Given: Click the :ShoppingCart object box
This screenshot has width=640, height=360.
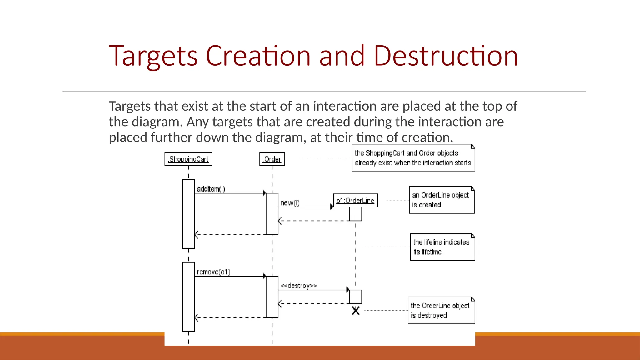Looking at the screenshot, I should (x=188, y=159).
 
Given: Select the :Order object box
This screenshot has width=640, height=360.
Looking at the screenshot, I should (x=272, y=159).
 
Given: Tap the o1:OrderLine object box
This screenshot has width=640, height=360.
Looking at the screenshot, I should (x=355, y=201).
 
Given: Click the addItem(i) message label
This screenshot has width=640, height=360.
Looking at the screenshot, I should (x=211, y=189).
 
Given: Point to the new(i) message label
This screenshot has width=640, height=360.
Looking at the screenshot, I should (x=290, y=203).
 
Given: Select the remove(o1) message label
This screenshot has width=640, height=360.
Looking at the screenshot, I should (x=213, y=272).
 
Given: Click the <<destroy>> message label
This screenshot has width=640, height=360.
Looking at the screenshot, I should (x=298, y=286).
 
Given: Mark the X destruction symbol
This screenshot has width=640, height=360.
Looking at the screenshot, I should (x=356, y=311).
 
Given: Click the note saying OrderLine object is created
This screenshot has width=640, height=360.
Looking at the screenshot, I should (x=441, y=200).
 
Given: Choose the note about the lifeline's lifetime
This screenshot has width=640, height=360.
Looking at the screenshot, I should (x=442, y=247).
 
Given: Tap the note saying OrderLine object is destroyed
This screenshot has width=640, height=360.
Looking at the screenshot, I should (x=441, y=310).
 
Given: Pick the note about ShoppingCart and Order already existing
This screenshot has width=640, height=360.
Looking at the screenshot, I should (x=413, y=158).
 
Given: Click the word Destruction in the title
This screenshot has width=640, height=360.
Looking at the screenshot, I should (x=446, y=56).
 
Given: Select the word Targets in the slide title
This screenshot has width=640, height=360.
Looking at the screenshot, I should (x=153, y=56).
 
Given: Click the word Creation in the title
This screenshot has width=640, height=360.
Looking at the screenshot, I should (x=258, y=56).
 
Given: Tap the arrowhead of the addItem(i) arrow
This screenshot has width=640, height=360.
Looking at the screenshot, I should (x=264, y=193).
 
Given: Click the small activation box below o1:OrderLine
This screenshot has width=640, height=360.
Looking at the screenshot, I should (x=356, y=214).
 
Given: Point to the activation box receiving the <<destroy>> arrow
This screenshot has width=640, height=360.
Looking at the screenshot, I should (x=356, y=297).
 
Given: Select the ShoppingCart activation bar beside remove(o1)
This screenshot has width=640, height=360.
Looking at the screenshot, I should (x=188, y=297).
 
